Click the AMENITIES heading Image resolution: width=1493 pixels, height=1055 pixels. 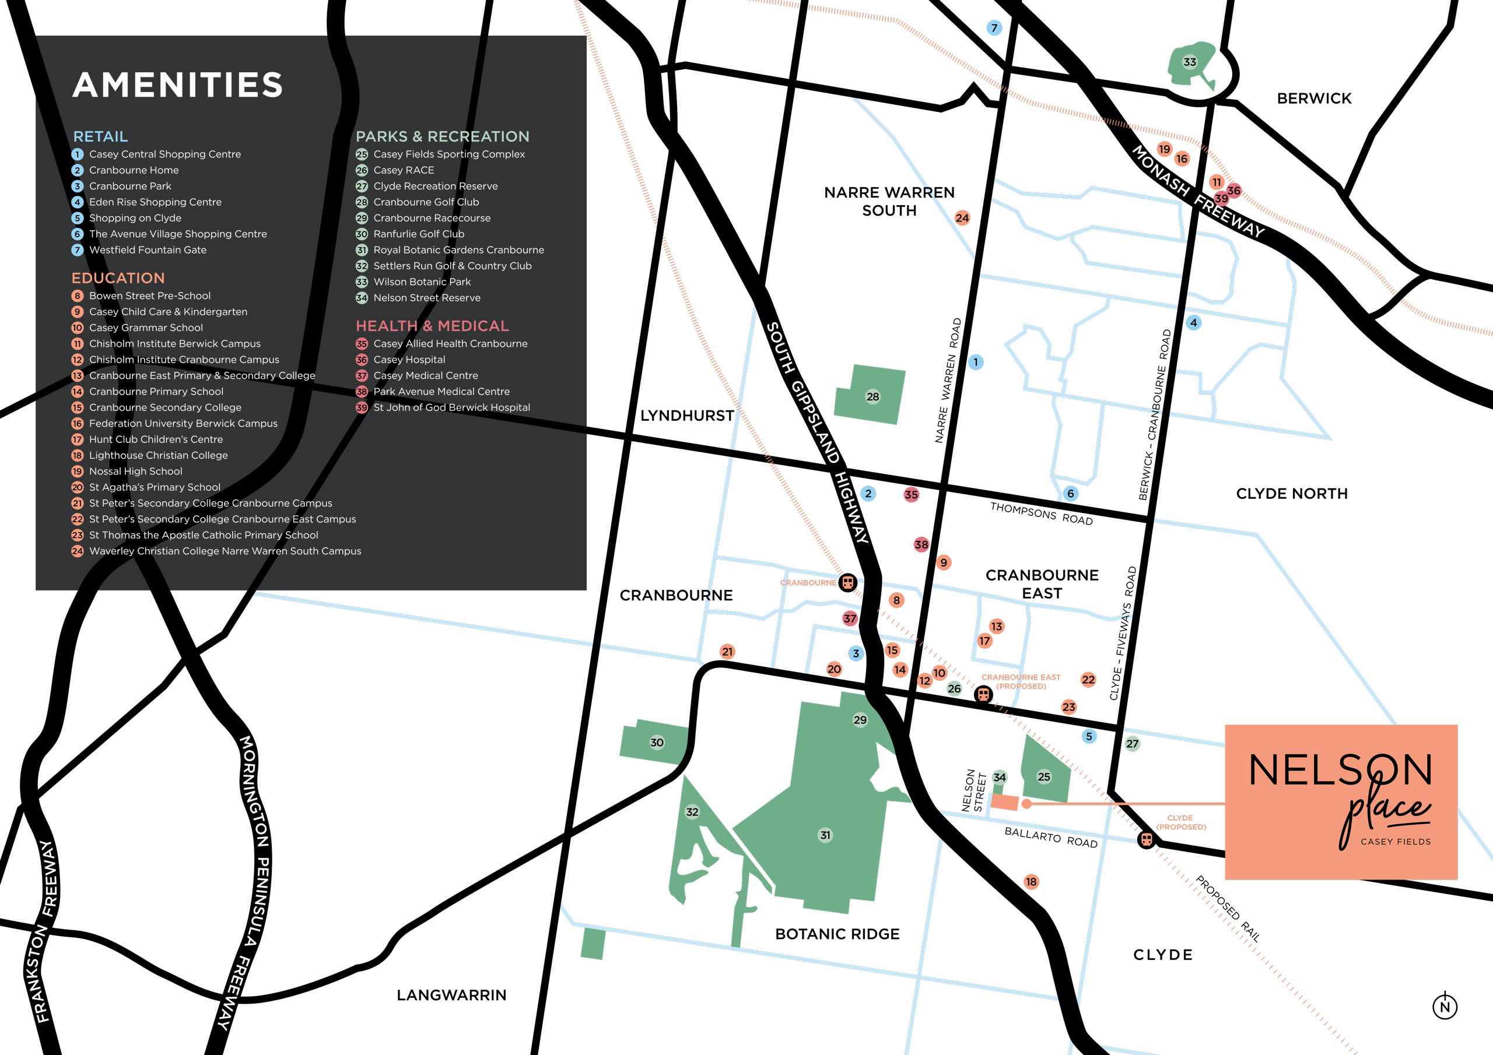click(x=177, y=85)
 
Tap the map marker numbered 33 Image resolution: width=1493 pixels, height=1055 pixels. click(x=1189, y=62)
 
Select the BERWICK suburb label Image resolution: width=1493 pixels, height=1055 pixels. click(x=1313, y=99)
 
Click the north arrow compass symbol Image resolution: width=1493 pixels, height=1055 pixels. click(x=1445, y=1007)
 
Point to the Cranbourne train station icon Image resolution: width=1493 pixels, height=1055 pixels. click(x=847, y=582)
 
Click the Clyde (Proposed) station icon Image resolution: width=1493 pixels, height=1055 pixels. click(x=1147, y=839)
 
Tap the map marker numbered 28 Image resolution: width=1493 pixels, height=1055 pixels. click(x=872, y=396)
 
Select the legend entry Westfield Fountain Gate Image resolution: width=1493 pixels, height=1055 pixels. click(x=148, y=250)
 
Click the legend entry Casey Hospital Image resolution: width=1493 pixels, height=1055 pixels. click(x=409, y=360)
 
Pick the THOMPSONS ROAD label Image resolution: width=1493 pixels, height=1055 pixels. click(x=1041, y=514)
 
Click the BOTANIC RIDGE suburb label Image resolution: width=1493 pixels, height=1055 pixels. click(x=837, y=934)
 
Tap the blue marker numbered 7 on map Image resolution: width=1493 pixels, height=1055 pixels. click(x=994, y=28)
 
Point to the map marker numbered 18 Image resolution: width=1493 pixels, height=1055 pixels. click(x=1031, y=882)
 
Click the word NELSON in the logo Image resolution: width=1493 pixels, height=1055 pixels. click(x=1340, y=771)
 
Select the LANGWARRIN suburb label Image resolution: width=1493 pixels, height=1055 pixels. click(x=451, y=995)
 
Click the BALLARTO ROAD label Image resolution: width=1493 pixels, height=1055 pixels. click(x=1051, y=837)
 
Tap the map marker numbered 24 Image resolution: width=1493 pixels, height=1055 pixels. click(x=962, y=219)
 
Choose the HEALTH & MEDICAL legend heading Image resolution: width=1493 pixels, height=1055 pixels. click(x=432, y=326)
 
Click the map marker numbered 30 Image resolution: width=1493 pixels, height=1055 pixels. click(x=657, y=743)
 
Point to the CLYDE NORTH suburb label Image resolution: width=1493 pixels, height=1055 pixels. click(x=1291, y=494)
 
